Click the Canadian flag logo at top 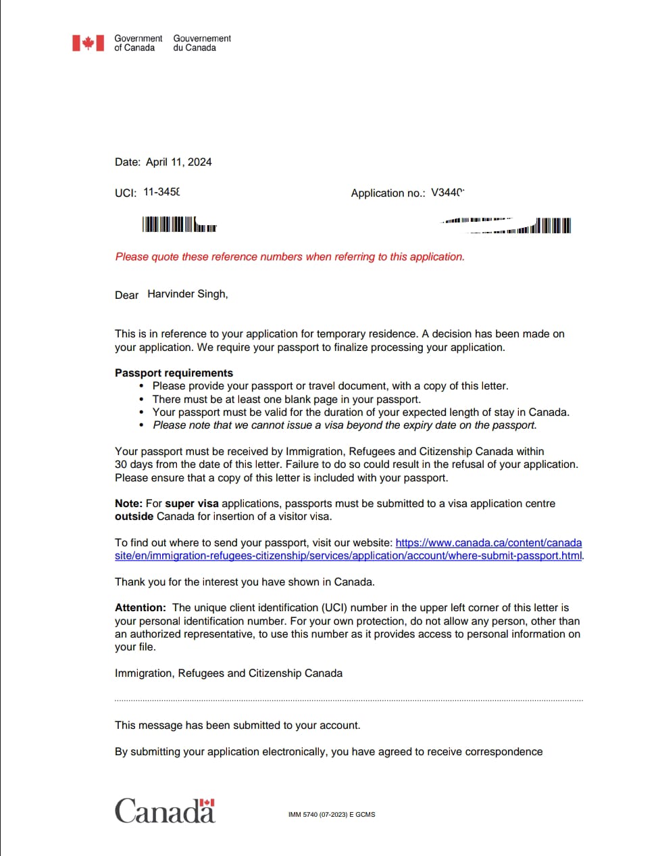(88, 43)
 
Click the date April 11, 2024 (178, 162)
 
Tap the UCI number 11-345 (161, 192)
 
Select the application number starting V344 (447, 193)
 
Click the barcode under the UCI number (179, 224)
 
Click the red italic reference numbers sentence (290, 257)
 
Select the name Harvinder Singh (187, 294)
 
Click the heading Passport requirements (174, 373)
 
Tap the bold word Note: (128, 504)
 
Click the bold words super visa (192, 504)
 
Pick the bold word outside (134, 517)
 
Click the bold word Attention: (140, 608)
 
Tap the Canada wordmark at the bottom (165, 811)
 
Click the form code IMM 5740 (331, 815)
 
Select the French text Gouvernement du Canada (201, 43)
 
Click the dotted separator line (349, 700)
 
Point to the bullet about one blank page (286, 400)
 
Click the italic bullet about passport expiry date (345, 425)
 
